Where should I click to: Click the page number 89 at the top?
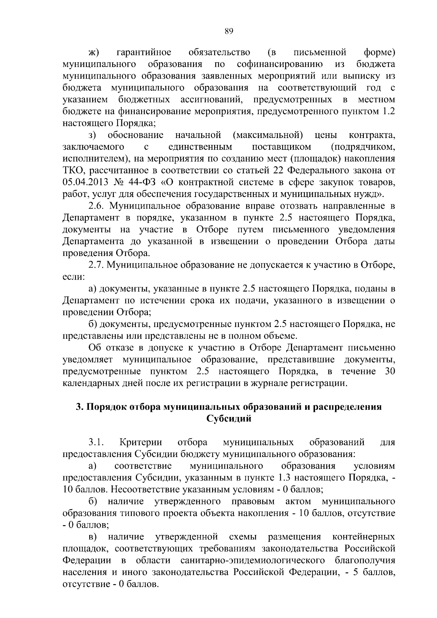(x=228, y=31)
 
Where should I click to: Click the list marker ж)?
(x=94, y=53)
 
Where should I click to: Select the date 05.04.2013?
(x=85, y=182)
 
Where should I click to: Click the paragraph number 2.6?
(x=97, y=206)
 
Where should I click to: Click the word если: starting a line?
(x=74, y=277)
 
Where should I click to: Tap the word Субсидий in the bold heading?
(x=229, y=418)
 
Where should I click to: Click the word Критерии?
(x=141, y=442)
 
